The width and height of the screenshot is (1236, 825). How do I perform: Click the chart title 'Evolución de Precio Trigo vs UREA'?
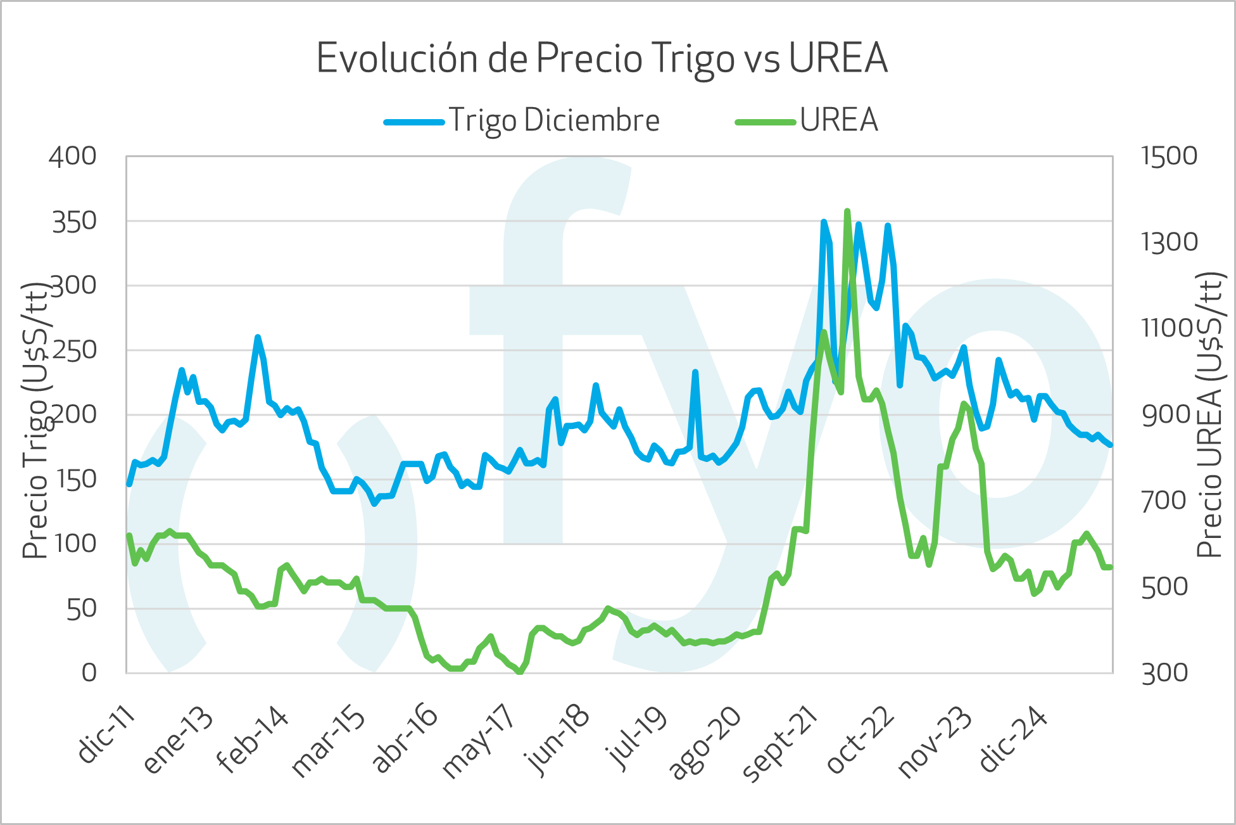pyautogui.click(x=602, y=58)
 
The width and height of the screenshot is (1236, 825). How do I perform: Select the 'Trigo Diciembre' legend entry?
pyautogui.click(x=554, y=120)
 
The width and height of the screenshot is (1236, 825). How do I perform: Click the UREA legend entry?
pyautogui.click(x=838, y=120)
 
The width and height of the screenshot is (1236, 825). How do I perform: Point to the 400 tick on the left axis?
pyautogui.click(x=73, y=156)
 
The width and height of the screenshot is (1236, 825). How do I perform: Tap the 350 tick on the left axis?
pyautogui.click(x=74, y=221)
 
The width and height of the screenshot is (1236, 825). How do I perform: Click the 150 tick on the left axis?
pyautogui.click(x=75, y=479)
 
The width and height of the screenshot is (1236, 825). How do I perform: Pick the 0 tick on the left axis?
pyautogui.click(x=89, y=672)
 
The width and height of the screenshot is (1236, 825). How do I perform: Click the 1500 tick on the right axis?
pyautogui.click(x=1169, y=156)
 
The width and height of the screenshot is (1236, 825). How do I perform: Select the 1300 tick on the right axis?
pyautogui.click(x=1169, y=242)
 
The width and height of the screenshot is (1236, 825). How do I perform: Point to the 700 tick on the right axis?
pyautogui.click(x=1164, y=501)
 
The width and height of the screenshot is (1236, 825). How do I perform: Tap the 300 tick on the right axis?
pyautogui.click(x=1164, y=673)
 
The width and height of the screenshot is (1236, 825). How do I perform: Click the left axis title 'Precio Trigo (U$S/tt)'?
pyautogui.click(x=35, y=421)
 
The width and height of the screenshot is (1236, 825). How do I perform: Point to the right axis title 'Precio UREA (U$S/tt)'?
pyautogui.click(x=1209, y=414)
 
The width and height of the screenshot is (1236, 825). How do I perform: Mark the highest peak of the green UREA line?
pyautogui.click(x=847, y=212)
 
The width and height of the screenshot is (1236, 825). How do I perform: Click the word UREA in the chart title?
pyautogui.click(x=838, y=58)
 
